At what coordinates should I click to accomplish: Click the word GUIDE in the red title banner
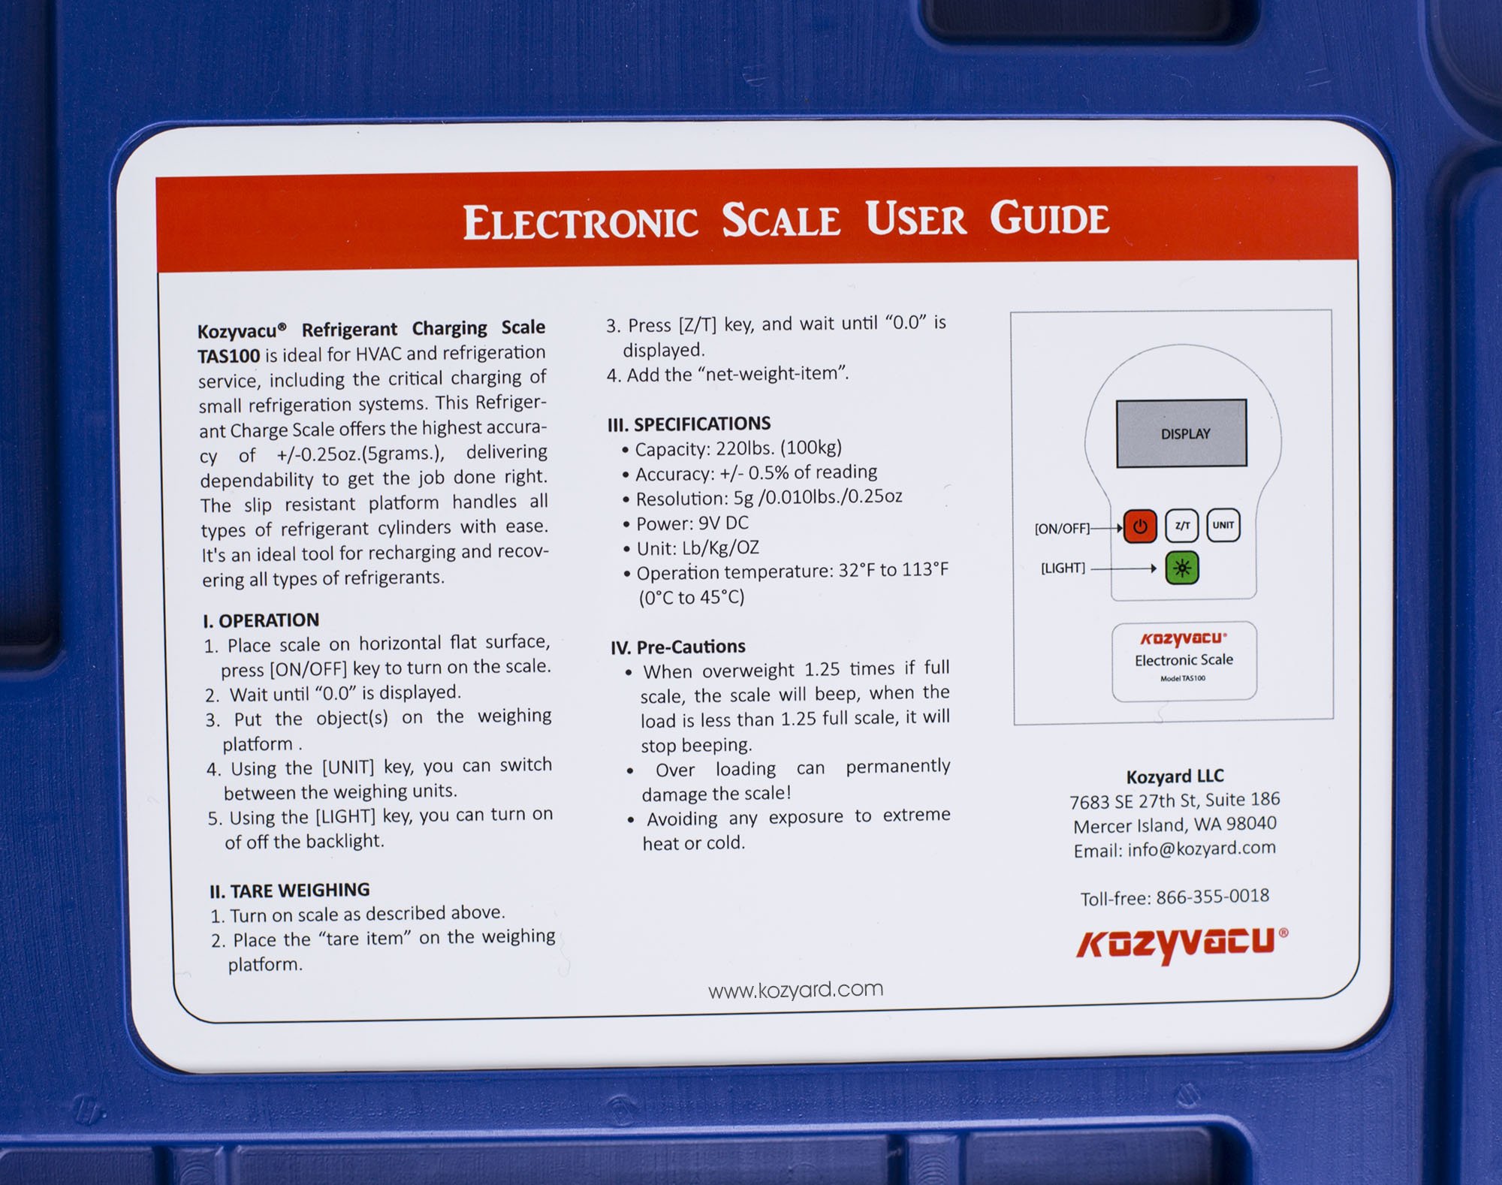pyautogui.click(x=1048, y=219)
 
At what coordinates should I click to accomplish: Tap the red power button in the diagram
pyautogui.click(x=1139, y=526)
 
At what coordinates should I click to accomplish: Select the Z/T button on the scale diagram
pyautogui.click(x=1181, y=526)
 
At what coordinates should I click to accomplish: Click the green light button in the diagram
pyautogui.click(x=1181, y=568)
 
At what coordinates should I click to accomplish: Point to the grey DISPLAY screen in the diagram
pyautogui.click(x=1181, y=433)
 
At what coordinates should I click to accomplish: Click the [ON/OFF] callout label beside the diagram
pyautogui.click(x=1062, y=529)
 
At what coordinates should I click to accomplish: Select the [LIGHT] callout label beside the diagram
pyautogui.click(x=1063, y=568)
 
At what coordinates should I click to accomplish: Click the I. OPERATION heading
pyautogui.click(x=261, y=620)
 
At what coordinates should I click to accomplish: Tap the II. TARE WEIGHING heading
pyautogui.click(x=289, y=891)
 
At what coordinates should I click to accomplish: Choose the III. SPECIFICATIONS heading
pyautogui.click(x=689, y=424)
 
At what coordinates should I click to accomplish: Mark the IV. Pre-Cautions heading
pyautogui.click(x=677, y=647)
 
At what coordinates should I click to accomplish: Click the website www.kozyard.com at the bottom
pyautogui.click(x=795, y=990)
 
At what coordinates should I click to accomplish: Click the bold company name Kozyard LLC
pyautogui.click(x=1175, y=776)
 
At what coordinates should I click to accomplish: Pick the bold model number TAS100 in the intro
pyautogui.click(x=228, y=355)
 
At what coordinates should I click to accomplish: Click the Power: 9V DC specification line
pyautogui.click(x=692, y=523)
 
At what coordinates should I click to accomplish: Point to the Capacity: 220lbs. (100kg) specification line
pyautogui.click(x=737, y=449)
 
